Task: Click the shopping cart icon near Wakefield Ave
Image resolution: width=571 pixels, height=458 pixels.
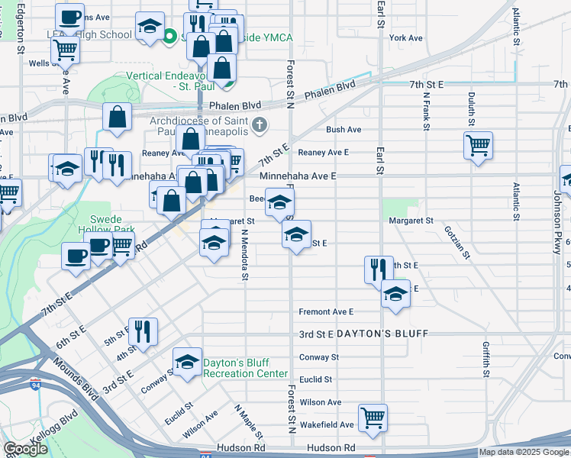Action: coord(373,416)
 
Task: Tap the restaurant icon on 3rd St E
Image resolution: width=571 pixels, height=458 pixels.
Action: coord(143,330)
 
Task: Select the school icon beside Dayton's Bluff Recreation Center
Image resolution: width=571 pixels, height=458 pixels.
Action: coord(187,363)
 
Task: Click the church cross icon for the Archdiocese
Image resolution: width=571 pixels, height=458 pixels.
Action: coord(260,124)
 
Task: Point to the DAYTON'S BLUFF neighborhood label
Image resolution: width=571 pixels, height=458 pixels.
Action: coord(382,334)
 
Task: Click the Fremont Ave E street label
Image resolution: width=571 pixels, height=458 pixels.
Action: coord(326,311)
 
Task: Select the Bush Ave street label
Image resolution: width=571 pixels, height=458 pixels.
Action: coord(344,130)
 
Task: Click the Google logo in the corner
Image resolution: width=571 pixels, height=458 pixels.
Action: coord(25,448)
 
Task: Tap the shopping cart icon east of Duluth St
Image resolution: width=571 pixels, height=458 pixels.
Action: coord(478,145)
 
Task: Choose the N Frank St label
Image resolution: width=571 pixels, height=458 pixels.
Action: coord(424,111)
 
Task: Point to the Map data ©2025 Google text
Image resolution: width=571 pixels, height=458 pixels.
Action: coord(523,452)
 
